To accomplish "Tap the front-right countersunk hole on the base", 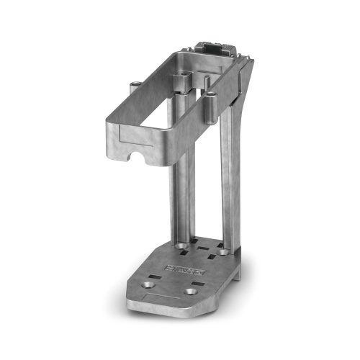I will coord(191,292).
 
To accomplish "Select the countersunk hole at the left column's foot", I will coord(183,247).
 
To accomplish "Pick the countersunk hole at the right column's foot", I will coord(224,252).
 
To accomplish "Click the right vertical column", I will coord(228,180).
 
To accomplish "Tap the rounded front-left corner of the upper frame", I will coord(109,133).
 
